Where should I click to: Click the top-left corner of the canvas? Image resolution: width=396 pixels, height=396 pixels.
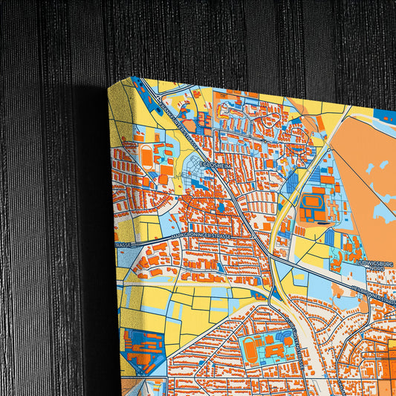[108, 86]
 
